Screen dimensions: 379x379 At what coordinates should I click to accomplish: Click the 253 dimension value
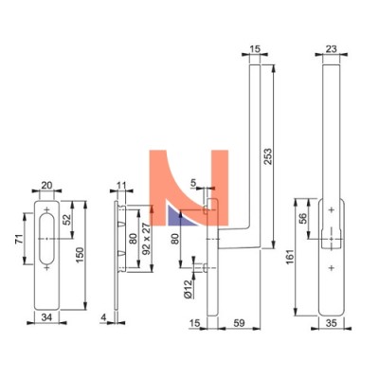[268, 156]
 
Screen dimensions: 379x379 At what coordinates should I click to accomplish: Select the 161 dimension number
[290, 257]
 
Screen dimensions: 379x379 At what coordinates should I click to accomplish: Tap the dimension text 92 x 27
[146, 239]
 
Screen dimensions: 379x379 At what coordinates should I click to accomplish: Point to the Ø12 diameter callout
[188, 289]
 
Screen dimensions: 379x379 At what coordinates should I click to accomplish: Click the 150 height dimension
[80, 255]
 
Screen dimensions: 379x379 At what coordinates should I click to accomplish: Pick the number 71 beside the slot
[19, 240]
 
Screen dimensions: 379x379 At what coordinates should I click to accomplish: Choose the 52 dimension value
[66, 219]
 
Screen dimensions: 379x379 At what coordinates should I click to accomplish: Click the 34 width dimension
[46, 316]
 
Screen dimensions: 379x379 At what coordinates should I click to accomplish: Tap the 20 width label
[46, 186]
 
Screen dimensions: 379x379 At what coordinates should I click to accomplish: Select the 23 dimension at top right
[331, 49]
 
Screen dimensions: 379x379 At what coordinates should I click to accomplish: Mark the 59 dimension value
[239, 323]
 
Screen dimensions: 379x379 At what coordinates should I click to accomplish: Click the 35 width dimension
[331, 323]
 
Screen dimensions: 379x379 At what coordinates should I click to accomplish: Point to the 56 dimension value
[302, 219]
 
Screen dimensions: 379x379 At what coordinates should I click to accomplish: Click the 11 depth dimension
[121, 185]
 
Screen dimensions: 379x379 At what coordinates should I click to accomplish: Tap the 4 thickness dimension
[103, 317]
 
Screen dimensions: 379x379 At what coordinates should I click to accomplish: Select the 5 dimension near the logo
[193, 182]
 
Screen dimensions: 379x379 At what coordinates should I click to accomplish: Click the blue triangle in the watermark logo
[180, 217]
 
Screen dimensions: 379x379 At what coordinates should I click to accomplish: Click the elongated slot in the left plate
[47, 239]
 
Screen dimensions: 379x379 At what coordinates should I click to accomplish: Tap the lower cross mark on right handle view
[332, 268]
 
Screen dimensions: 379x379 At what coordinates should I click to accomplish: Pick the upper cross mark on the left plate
[47, 209]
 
